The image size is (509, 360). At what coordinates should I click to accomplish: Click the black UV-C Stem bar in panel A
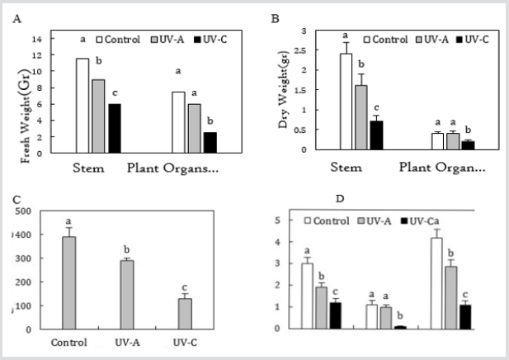pyautogui.click(x=114, y=128)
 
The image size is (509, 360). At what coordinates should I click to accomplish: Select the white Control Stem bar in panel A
pyautogui.click(x=82, y=106)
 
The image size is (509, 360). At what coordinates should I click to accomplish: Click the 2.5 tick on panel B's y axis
pyautogui.click(x=326, y=50)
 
